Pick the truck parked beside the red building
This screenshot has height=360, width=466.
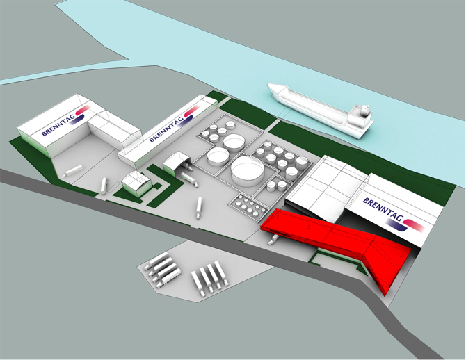pos(273,240)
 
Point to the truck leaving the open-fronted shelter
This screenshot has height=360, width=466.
pos(188,177)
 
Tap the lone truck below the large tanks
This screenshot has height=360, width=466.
pos(200,205)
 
